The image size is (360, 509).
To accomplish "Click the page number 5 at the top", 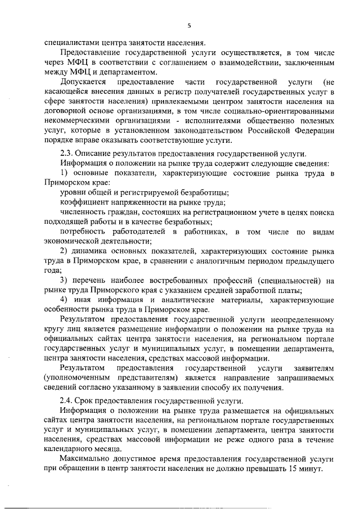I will (x=190, y=25).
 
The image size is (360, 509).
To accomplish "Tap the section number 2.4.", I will (x=67, y=401).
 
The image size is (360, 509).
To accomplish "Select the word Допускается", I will (x=83, y=82).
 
